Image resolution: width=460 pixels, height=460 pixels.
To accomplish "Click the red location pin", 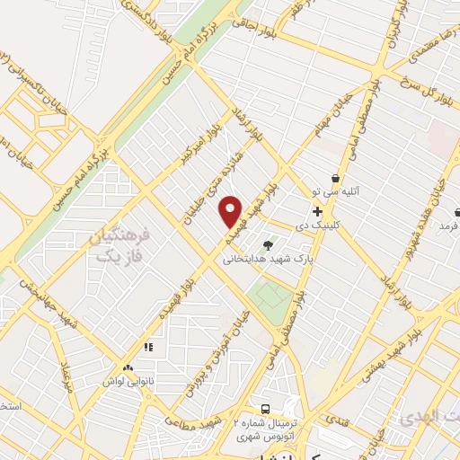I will point(232,211).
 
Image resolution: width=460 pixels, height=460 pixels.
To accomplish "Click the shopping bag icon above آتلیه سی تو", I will point(335,178).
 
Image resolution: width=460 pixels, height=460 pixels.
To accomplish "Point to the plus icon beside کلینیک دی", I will point(318,210).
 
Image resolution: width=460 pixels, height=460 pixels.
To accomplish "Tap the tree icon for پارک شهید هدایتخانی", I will point(268,244).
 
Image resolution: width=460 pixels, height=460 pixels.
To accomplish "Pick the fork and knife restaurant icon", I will point(148,346).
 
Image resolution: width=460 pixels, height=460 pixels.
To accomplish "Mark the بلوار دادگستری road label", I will point(144,13).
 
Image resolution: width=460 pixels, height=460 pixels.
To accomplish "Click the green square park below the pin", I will point(270,296).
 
